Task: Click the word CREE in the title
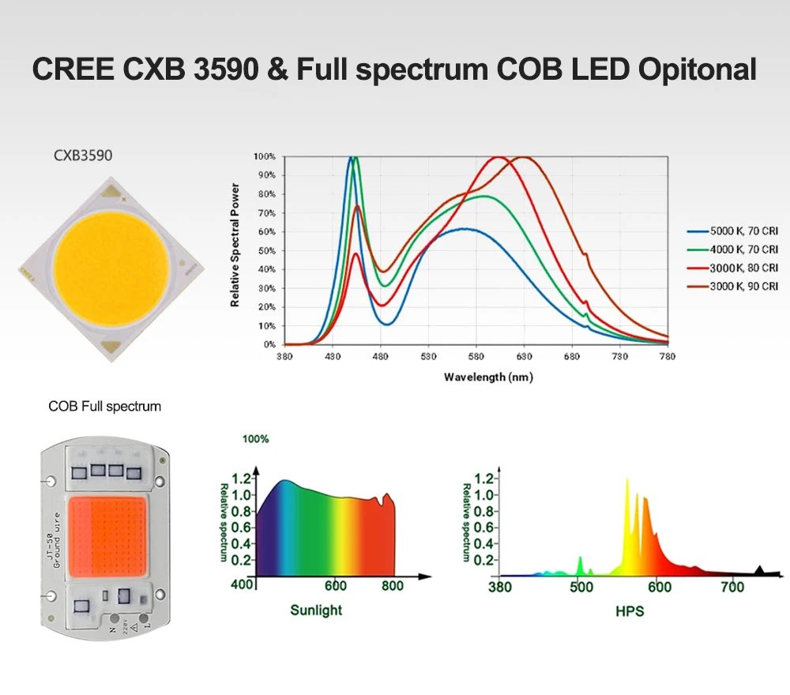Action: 72,69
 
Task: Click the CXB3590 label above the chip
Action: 83,156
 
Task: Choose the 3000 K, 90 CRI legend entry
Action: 734,287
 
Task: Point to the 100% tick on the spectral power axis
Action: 265,156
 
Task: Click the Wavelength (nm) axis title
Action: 488,377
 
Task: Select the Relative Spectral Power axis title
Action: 235,245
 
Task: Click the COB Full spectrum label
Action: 104,407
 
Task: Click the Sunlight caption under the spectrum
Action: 316,610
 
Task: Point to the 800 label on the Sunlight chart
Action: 393,586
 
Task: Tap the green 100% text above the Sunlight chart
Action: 254,439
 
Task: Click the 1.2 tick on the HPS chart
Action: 484,478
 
